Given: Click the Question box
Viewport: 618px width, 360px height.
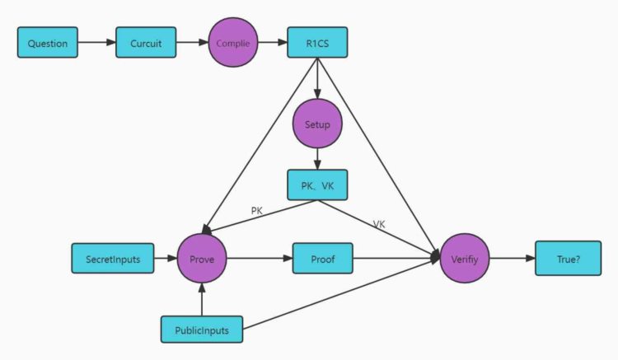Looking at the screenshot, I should click(x=48, y=42).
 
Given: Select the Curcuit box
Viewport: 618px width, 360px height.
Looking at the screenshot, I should click(x=146, y=42).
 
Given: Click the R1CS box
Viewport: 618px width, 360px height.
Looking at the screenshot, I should click(x=317, y=42).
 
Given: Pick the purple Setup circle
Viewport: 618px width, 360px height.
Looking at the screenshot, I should click(x=317, y=124).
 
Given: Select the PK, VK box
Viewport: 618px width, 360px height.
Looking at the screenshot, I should click(x=317, y=185).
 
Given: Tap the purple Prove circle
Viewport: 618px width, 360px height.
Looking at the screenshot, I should click(x=202, y=259).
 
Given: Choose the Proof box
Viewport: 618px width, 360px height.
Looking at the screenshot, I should click(x=322, y=259).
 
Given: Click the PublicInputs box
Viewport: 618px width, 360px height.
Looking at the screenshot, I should click(x=202, y=330).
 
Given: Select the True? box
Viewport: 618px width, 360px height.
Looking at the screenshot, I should click(x=568, y=259).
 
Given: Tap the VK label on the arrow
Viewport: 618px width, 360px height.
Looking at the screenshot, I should click(x=379, y=223).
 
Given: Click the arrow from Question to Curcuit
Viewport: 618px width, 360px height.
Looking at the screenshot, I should click(x=97, y=42).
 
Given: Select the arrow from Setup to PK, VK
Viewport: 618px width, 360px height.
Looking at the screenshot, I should click(x=317, y=159).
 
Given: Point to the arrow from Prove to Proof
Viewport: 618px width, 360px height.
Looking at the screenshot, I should click(x=260, y=259).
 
